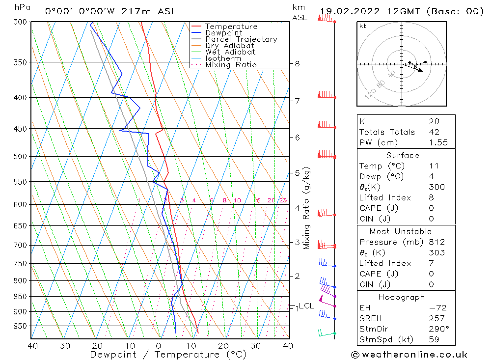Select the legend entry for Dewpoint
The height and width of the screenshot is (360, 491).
click(223, 33)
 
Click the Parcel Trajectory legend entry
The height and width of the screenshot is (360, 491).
click(241, 39)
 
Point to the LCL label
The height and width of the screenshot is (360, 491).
click(306, 306)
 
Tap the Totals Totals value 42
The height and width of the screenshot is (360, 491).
click(434, 132)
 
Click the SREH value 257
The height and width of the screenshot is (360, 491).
click(436, 318)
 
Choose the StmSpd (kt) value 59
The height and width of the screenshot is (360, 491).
click(434, 340)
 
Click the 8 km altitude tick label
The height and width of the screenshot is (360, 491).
click(297, 64)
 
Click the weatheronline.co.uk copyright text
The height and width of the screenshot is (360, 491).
click(409, 355)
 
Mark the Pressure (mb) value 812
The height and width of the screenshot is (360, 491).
click(436, 242)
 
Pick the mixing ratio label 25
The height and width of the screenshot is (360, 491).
click(283, 200)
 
